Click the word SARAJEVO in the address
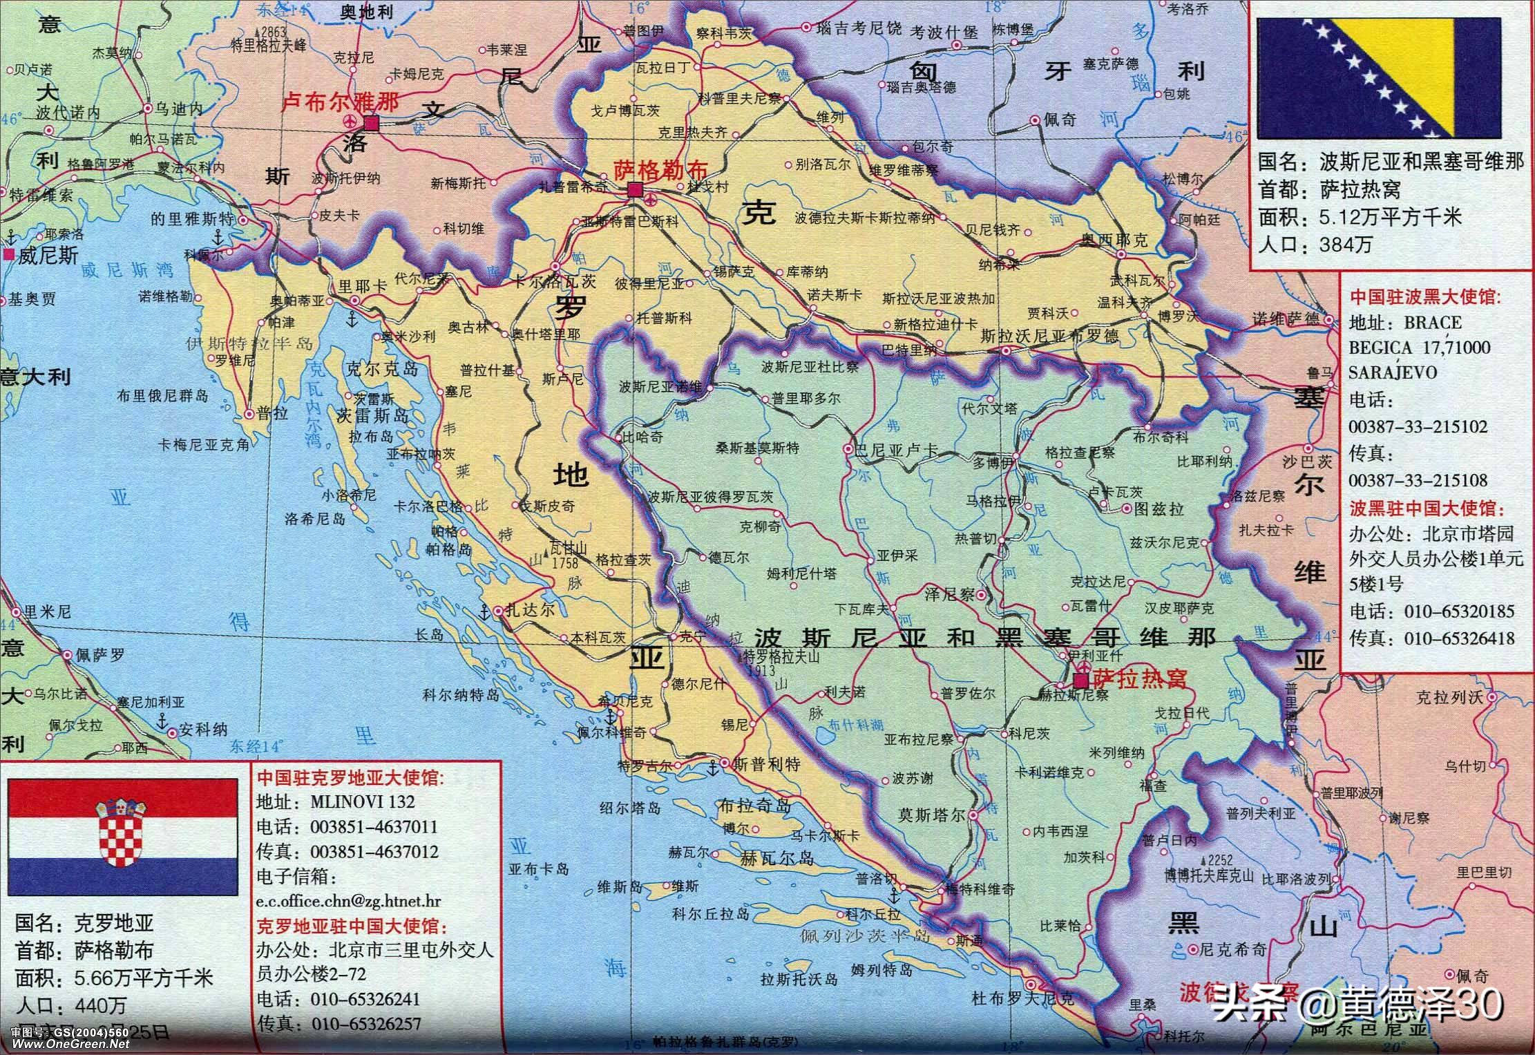1391,372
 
